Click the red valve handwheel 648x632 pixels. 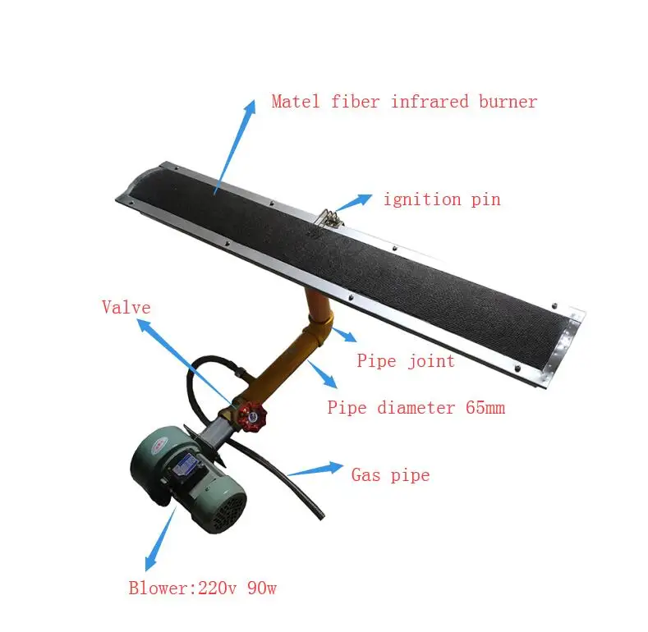pyautogui.click(x=252, y=415)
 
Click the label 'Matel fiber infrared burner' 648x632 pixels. pyautogui.click(x=404, y=103)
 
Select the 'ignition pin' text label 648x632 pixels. pyautogui.click(x=442, y=199)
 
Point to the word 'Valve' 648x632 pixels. pyautogui.click(x=126, y=308)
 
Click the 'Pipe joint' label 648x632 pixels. pyautogui.click(x=405, y=361)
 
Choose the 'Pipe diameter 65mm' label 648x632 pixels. pyautogui.click(x=416, y=407)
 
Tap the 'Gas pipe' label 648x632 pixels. pyautogui.click(x=390, y=474)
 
